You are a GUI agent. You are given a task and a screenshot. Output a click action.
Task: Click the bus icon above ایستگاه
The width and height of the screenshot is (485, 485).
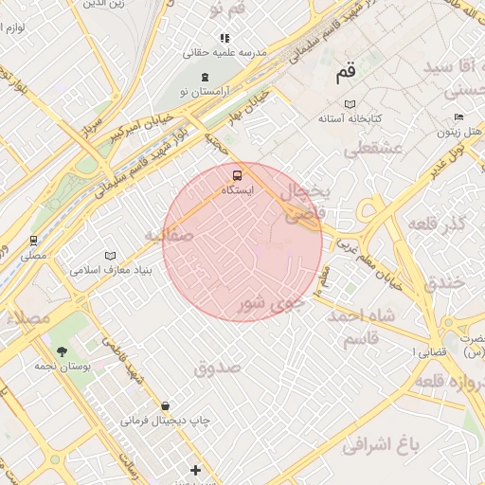point(236,174)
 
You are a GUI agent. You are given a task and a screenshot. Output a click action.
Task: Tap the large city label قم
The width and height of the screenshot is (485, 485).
point(344,72)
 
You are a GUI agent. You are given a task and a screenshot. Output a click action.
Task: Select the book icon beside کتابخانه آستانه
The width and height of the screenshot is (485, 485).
point(350,103)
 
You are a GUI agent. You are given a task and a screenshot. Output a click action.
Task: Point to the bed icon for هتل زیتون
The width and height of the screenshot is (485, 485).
point(459,117)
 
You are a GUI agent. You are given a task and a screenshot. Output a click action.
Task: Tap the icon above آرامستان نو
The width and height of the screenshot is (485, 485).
point(205,77)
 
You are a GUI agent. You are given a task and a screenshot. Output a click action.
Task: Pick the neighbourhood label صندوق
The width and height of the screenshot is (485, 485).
point(219,367)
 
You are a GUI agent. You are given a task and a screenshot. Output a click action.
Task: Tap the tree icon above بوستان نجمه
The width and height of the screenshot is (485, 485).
point(62,350)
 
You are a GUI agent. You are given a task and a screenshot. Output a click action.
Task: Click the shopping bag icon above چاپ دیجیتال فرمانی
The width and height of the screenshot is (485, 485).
point(166,406)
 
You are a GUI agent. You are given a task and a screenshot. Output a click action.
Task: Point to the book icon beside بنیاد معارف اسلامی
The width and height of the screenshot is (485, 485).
point(111,256)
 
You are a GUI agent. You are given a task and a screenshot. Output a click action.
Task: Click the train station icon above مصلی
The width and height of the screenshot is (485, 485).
point(33,241)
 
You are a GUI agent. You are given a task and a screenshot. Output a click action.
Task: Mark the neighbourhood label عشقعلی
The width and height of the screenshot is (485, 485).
point(375,149)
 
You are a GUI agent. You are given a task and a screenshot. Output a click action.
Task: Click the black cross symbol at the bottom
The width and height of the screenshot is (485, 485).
point(195,470)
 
